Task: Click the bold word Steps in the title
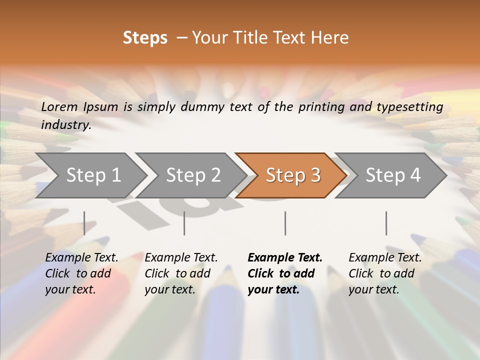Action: (x=145, y=38)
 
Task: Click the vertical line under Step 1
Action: (x=84, y=223)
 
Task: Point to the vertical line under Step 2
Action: (x=184, y=223)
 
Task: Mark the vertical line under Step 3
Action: (x=285, y=223)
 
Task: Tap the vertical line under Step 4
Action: (x=386, y=223)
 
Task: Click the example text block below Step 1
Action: (x=81, y=273)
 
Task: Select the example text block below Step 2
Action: (x=181, y=273)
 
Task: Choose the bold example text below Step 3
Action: (x=284, y=273)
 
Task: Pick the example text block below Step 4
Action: (x=385, y=273)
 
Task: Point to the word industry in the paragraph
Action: (x=66, y=125)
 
